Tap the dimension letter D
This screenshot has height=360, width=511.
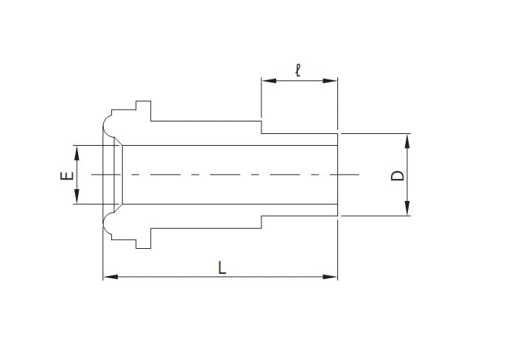(397, 175)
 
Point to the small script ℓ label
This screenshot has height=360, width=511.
(297, 71)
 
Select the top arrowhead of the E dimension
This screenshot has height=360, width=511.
(77, 150)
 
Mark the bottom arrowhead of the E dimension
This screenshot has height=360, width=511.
(77, 200)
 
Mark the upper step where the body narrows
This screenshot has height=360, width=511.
(261, 127)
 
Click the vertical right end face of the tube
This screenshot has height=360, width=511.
(337, 175)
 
